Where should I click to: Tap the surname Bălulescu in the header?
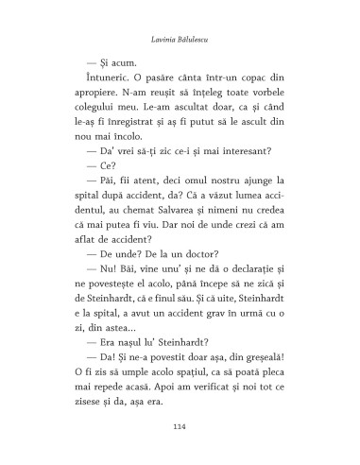[x=202, y=40]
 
